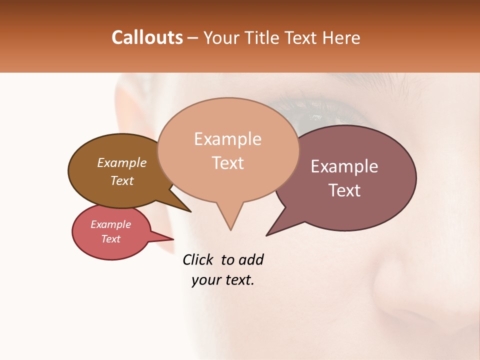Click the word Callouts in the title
(147, 38)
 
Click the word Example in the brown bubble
(121, 162)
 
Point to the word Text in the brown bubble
(121, 180)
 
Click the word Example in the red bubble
(110, 224)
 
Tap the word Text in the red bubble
(110, 239)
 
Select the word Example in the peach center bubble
(227, 139)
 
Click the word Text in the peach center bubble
(227, 163)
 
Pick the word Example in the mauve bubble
(344, 166)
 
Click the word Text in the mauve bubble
(344, 190)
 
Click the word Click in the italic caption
(198, 259)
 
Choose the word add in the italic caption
(250, 259)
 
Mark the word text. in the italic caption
(238, 280)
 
